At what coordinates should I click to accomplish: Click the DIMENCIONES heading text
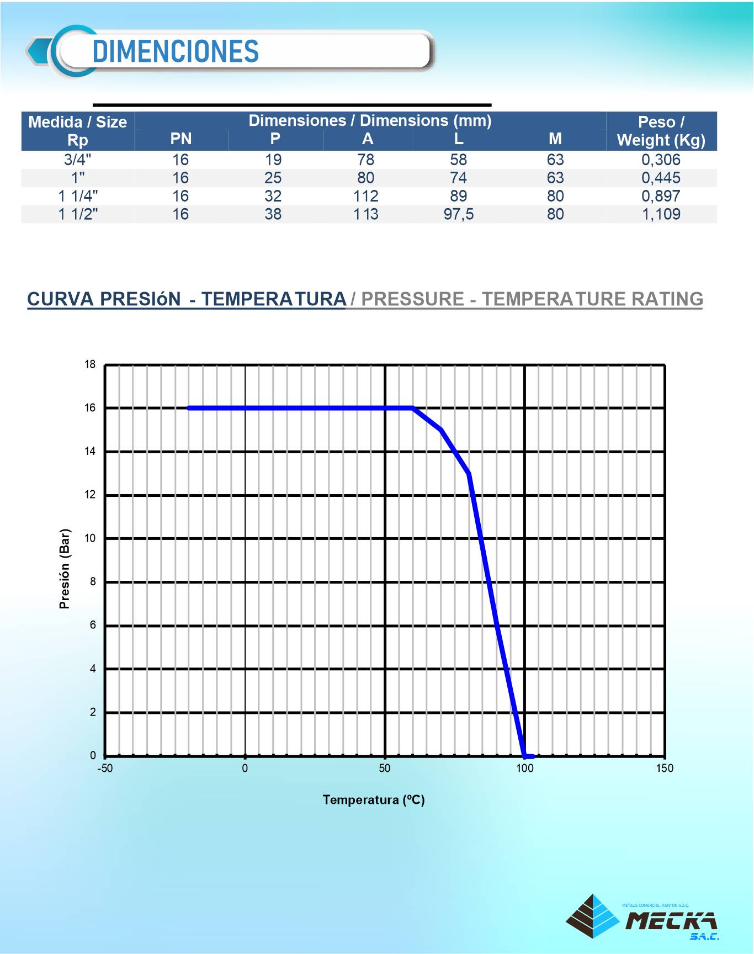[x=176, y=51]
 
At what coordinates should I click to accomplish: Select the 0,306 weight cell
[x=661, y=160]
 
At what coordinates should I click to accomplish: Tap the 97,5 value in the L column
[x=458, y=214]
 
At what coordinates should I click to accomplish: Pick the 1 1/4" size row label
[x=78, y=196]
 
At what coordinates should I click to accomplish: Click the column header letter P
[x=275, y=139]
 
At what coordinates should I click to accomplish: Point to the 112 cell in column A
[x=365, y=196]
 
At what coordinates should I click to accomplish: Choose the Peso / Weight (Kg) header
[x=661, y=131]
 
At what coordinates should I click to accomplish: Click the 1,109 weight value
[x=661, y=214]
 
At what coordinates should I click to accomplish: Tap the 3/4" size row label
[x=78, y=160]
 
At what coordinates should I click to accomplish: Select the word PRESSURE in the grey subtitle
[x=412, y=299]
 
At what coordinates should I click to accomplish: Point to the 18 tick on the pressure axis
[x=90, y=364]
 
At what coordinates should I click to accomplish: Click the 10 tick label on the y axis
[x=90, y=538]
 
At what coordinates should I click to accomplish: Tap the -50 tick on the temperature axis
[x=105, y=768]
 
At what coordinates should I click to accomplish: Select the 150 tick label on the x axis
[x=665, y=768]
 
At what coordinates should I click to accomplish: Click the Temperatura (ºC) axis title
[x=374, y=800]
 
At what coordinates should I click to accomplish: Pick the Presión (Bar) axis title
[x=65, y=569]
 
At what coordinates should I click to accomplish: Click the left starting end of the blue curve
[x=189, y=409]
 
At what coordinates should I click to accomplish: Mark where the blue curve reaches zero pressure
[x=524, y=756]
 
